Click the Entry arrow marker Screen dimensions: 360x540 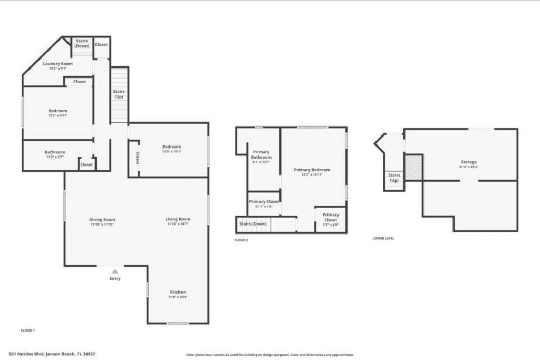(114, 271)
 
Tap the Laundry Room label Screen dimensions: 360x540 (61, 63)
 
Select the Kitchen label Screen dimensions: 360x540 (178, 292)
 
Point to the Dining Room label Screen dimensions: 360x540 (102, 219)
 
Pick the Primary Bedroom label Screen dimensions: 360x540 (312, 170)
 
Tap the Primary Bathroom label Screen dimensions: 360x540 (261, 154)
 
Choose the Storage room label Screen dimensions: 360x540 (468, 162)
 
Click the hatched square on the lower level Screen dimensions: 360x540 (414, 168)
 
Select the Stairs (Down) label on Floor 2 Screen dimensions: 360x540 (253, 224)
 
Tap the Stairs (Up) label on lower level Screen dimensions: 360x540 (394, 178)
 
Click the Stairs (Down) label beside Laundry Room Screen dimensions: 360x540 (82, 43)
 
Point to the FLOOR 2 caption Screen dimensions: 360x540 (241, 240)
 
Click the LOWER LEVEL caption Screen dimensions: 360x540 (383, 238)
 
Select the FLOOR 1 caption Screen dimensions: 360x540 (27, 330)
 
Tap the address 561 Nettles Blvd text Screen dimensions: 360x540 (52, 354)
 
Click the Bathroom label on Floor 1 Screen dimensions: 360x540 (55, 152)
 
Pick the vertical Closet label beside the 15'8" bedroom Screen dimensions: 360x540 (137, 158)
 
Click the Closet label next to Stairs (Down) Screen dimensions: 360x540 (101, 45)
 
